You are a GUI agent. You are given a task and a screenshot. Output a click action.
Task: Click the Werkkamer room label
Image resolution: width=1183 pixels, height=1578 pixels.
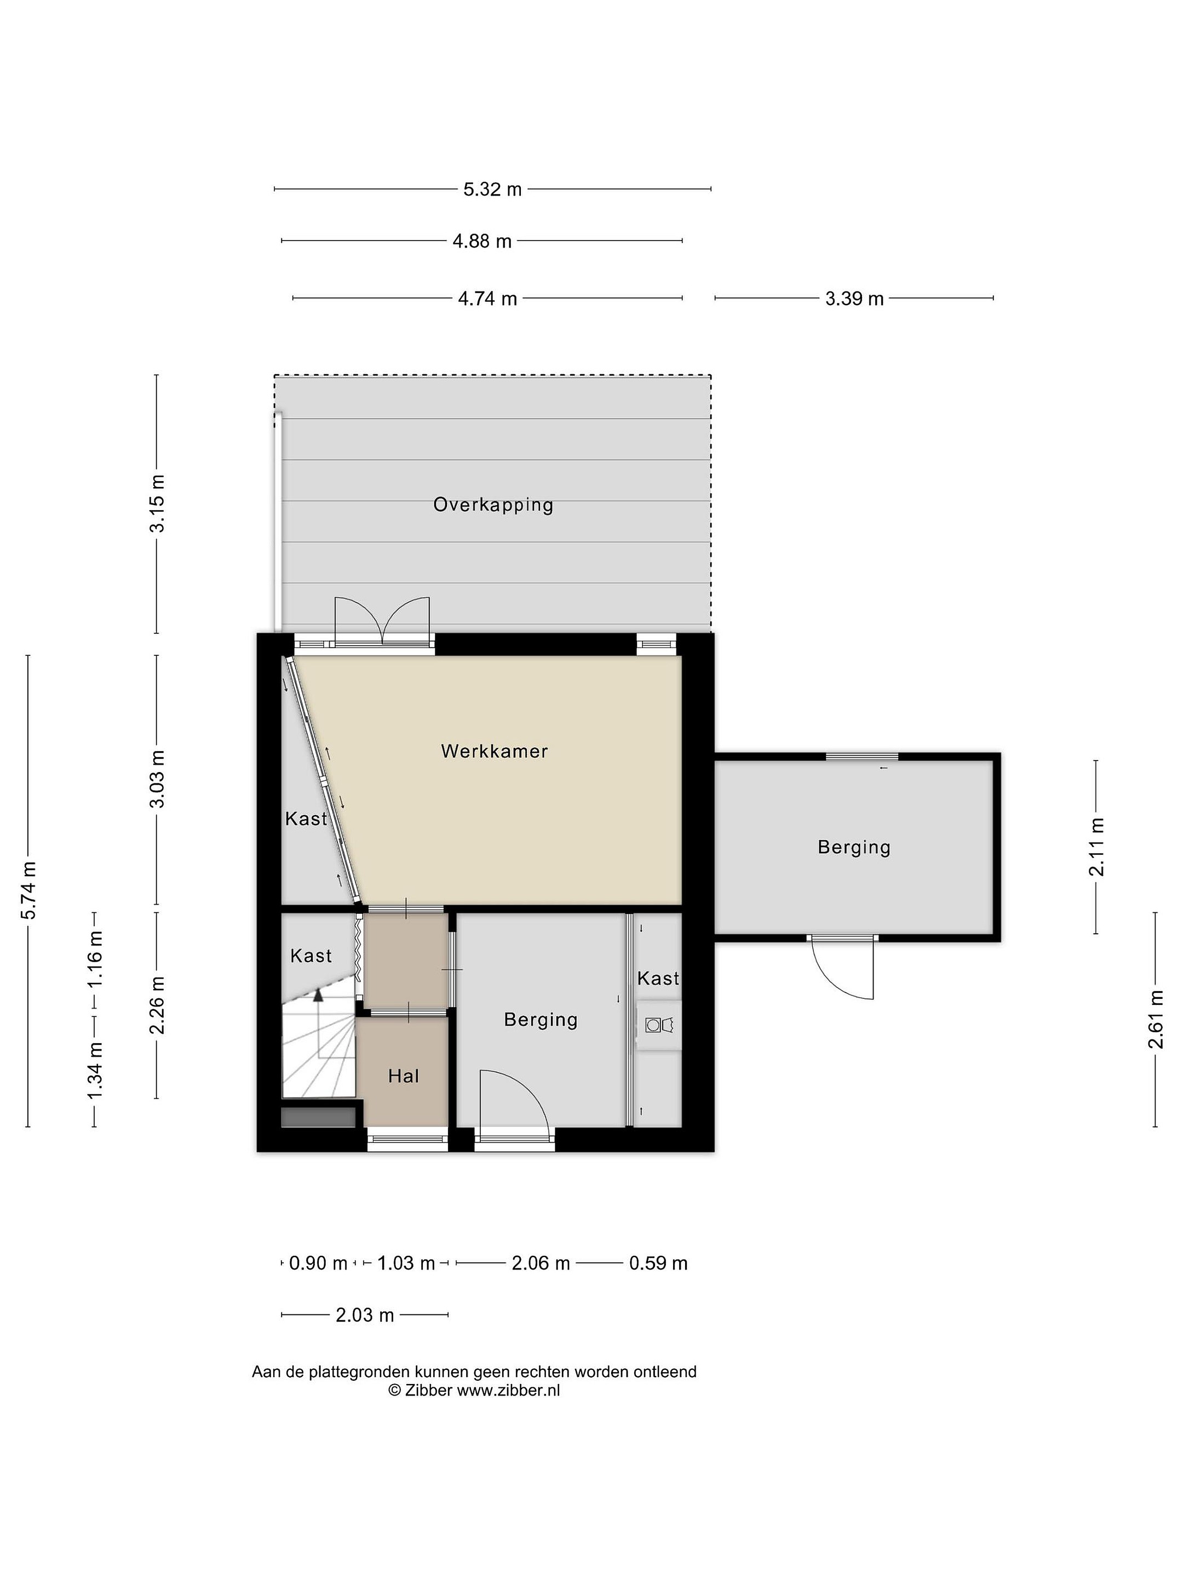[493, 751]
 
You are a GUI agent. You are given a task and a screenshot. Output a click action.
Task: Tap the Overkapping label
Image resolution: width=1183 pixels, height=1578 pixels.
[493, 505]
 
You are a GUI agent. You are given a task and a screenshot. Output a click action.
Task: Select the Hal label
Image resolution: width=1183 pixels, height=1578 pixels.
[403, 1076]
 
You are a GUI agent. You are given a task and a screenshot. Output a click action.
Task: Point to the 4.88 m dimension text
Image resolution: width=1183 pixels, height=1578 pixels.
[482, 241]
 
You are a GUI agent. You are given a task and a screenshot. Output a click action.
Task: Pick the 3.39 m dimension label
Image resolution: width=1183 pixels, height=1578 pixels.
[854, 298]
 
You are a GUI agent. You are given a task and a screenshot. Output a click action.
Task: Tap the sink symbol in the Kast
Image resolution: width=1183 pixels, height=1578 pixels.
[659, 1025]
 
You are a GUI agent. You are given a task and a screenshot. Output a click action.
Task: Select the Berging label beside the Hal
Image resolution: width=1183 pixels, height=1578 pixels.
[541, 1020]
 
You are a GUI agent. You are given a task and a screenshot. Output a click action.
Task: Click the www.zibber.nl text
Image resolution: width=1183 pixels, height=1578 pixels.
[508, 1389]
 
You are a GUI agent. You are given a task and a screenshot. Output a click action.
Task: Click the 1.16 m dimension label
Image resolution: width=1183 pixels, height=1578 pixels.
[95, 959]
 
